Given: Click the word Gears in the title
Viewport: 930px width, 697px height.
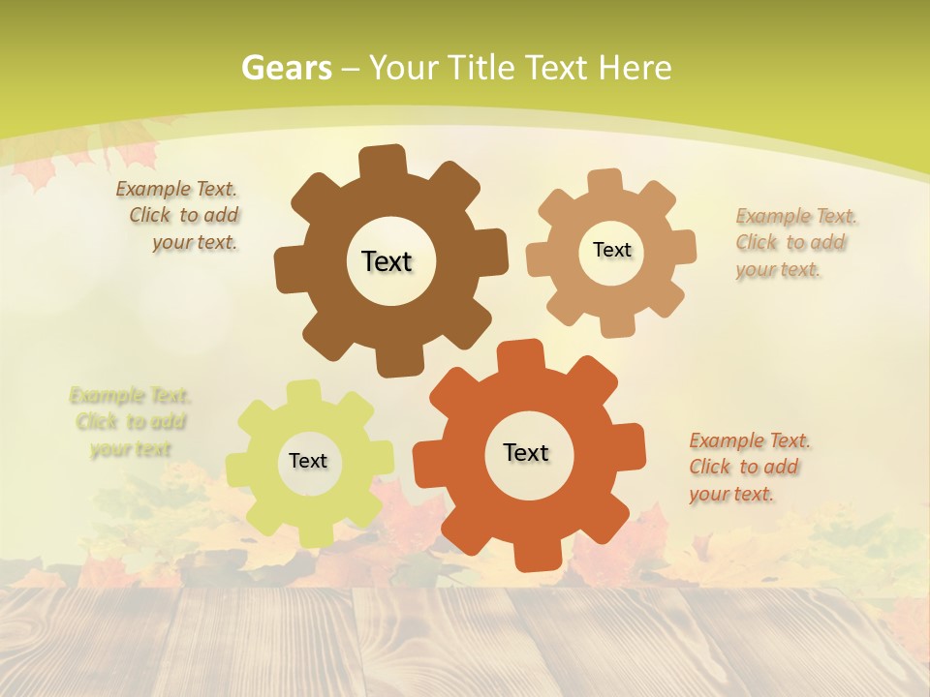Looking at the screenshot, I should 286,68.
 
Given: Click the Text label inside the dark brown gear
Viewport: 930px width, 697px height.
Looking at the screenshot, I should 387,261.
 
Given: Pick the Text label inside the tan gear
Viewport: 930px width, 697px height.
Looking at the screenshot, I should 611,250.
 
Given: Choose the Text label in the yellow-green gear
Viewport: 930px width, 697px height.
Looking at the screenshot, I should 308,461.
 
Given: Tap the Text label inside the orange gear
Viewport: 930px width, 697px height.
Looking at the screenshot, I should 526,452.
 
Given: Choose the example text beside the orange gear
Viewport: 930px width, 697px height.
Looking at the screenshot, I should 748,467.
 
